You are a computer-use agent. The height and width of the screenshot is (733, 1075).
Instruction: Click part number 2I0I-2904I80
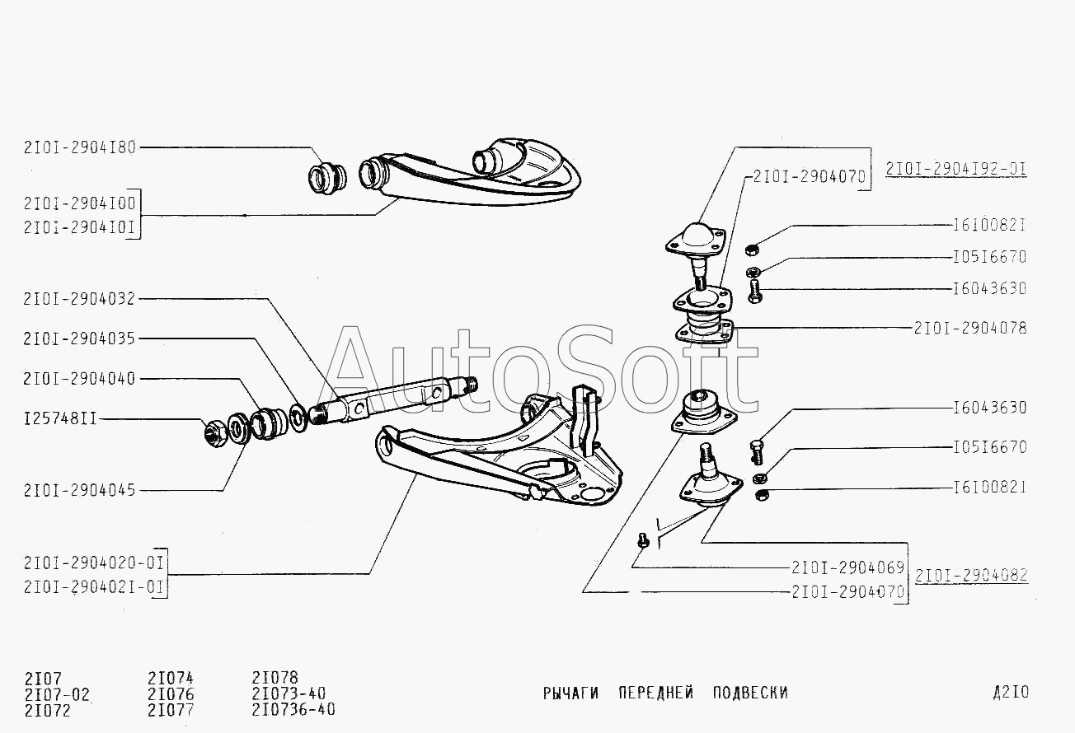(80, 147)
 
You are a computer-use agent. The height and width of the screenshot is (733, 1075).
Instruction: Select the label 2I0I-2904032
(80, 299)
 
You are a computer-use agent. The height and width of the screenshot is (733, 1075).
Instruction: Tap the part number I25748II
(60, 419)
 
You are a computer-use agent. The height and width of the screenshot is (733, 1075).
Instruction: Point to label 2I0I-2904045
(80, 490)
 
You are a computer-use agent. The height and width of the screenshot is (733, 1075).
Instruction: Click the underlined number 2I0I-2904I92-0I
(956, 169)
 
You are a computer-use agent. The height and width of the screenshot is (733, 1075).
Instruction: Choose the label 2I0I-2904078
(970, 328)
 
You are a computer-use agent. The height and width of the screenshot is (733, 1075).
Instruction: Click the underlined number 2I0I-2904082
(971, 575)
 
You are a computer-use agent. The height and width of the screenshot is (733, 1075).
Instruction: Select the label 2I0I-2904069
(848, 567)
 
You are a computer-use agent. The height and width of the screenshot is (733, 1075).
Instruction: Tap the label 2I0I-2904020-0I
(94, 563)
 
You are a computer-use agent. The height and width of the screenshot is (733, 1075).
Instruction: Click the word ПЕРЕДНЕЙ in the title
(656, 693)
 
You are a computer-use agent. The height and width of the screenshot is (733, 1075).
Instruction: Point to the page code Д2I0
(1012, 693)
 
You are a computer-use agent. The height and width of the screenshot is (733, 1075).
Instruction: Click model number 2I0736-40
(293, 709)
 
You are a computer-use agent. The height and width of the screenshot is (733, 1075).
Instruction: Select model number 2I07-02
(57, 694)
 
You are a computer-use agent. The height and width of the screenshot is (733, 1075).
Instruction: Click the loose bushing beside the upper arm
(327, 178)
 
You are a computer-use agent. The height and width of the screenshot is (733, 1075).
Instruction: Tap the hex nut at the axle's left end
(214, 433)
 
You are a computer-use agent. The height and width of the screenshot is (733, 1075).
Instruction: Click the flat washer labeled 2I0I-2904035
(298, 418)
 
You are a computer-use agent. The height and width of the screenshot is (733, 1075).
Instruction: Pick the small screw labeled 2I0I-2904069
(642, 540)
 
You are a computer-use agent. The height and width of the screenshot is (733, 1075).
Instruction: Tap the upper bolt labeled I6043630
(755, 292)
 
